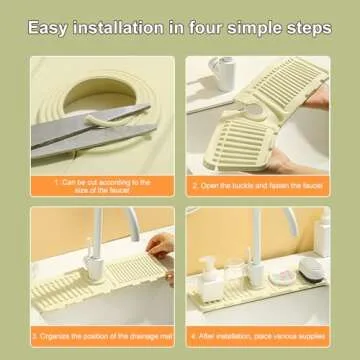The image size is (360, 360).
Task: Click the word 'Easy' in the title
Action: (53, 26)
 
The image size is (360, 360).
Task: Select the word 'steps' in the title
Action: (306, 26)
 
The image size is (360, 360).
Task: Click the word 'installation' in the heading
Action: (131, 26)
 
